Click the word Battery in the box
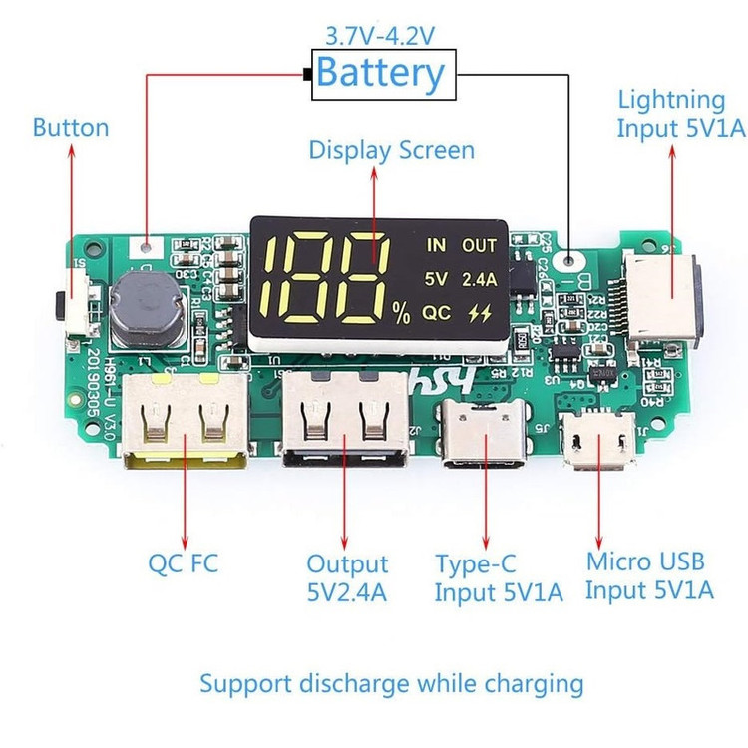click(x=380, y=73)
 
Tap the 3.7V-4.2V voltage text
click(x=380, y=36)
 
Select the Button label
click(x=71, y=128)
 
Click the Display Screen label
click(x=391, y=151)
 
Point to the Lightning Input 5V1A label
click(x=671, y=114)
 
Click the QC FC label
click(x=184, y=563)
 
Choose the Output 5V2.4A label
click(x=347, y=578)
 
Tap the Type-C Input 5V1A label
click(x=499, y=578)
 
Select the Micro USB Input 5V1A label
click(x=649, y=575)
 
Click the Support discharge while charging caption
click(x=391, y=684)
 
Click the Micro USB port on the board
click(x=598, y=441)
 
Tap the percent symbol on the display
click(x=401, y=316)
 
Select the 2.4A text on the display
click(x=478, y=278)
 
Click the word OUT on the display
click(x=479, y=245)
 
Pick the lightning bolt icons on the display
click(x=480, y=312)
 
